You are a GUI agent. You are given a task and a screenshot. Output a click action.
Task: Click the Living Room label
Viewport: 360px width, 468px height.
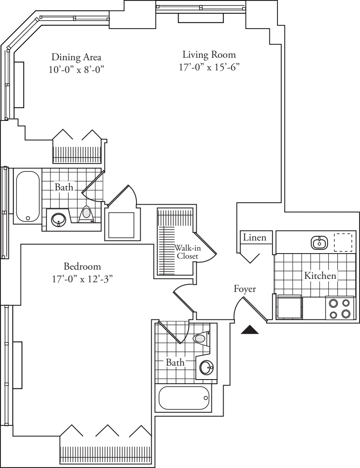pos(209,55)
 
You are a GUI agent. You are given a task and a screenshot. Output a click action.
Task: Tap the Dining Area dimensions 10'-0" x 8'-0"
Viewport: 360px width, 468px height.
pos(76,69)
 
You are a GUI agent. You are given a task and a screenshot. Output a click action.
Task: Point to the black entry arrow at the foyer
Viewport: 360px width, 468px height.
pos(250,330)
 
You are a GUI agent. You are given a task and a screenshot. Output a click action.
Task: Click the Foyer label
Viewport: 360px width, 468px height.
pos(245,289)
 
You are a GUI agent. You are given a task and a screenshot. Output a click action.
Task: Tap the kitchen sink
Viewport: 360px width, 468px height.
pos(320,242)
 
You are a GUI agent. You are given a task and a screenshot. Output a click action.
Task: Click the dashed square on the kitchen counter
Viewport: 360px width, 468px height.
pos(343,242)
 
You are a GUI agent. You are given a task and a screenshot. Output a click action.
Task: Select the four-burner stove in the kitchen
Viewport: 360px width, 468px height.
pos(340,308)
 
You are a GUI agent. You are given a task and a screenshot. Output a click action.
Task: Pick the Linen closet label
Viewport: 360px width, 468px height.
pos(255,238)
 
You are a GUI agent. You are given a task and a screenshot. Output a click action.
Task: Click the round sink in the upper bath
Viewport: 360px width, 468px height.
pos(58,219)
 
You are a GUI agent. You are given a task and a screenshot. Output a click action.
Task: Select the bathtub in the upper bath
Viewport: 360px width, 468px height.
pos(28,196)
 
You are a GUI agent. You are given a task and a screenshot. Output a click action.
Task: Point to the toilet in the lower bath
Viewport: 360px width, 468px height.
pos(201,338)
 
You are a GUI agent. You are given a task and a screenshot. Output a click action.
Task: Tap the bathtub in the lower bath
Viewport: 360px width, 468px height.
pos(184,398)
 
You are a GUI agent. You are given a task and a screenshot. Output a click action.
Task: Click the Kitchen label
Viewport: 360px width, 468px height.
pos(320,276)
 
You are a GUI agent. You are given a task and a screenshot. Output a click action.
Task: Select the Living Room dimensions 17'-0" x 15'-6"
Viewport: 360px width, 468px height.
pos(209,67)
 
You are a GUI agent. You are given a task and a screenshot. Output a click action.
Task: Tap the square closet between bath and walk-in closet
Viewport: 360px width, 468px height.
pos(122,225)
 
